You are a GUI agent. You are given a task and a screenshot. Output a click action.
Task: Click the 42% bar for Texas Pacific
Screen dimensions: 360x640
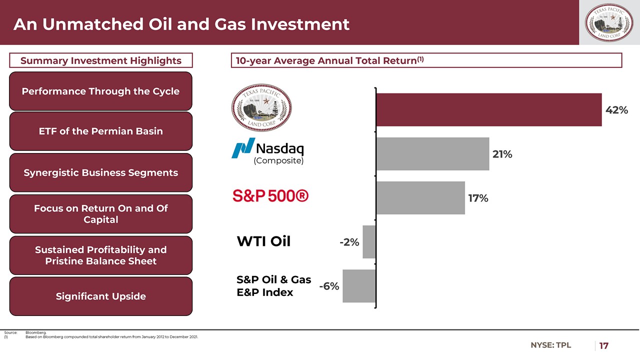point(488,109)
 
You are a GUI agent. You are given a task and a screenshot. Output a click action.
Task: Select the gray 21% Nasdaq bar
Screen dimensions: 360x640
point(432,154)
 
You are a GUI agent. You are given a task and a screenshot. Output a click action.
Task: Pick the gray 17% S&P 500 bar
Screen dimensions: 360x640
point(420,198)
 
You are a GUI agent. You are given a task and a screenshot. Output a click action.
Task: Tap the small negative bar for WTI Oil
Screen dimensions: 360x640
point(369,242)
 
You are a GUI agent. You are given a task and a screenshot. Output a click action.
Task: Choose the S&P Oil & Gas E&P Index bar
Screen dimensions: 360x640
point(359,286)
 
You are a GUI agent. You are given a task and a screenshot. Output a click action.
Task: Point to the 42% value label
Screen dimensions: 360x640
point(616,110)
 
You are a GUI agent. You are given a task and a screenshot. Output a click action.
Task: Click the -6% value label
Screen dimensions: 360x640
point(329,286)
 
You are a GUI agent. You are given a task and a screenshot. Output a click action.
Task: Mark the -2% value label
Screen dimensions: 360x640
point(349,242)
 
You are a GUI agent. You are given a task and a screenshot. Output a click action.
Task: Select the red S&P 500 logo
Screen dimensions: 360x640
point(270,196)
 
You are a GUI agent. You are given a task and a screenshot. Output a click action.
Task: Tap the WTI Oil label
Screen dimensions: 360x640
point(263,241)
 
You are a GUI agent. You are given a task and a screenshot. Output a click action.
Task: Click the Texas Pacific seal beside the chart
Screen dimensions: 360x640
point(261,107)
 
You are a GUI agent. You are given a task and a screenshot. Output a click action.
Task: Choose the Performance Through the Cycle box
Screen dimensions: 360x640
point(100,91)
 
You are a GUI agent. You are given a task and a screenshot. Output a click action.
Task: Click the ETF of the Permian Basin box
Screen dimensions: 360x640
point(100,131)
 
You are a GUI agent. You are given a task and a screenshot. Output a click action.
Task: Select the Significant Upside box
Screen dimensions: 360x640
point(100,296)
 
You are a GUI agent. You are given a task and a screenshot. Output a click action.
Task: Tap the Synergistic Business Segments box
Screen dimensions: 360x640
point(100,173)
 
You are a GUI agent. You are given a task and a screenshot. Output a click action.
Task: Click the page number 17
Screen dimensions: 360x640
point(604,345)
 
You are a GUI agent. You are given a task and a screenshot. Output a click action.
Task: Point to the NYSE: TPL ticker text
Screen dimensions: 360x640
point(550,345)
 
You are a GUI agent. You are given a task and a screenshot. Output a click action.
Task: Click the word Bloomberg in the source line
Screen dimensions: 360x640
point(35,332)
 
